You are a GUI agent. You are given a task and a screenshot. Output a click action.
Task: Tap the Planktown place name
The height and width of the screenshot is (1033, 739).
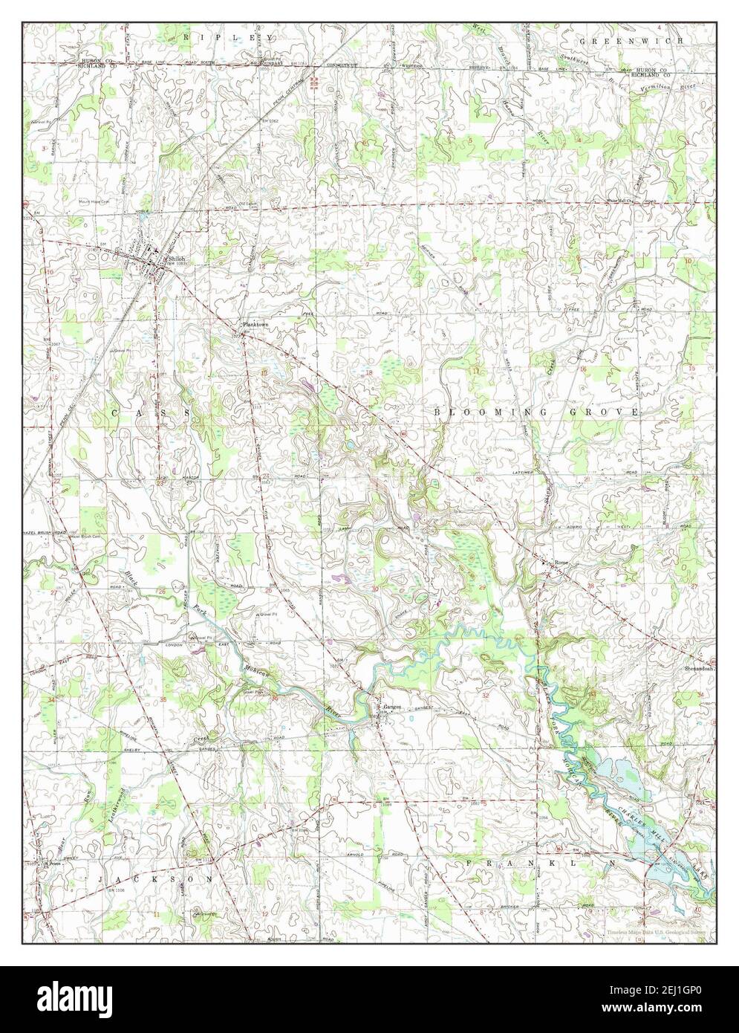click(253, 326)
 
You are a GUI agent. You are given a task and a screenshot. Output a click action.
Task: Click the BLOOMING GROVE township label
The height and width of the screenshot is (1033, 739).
click(535, 411)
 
